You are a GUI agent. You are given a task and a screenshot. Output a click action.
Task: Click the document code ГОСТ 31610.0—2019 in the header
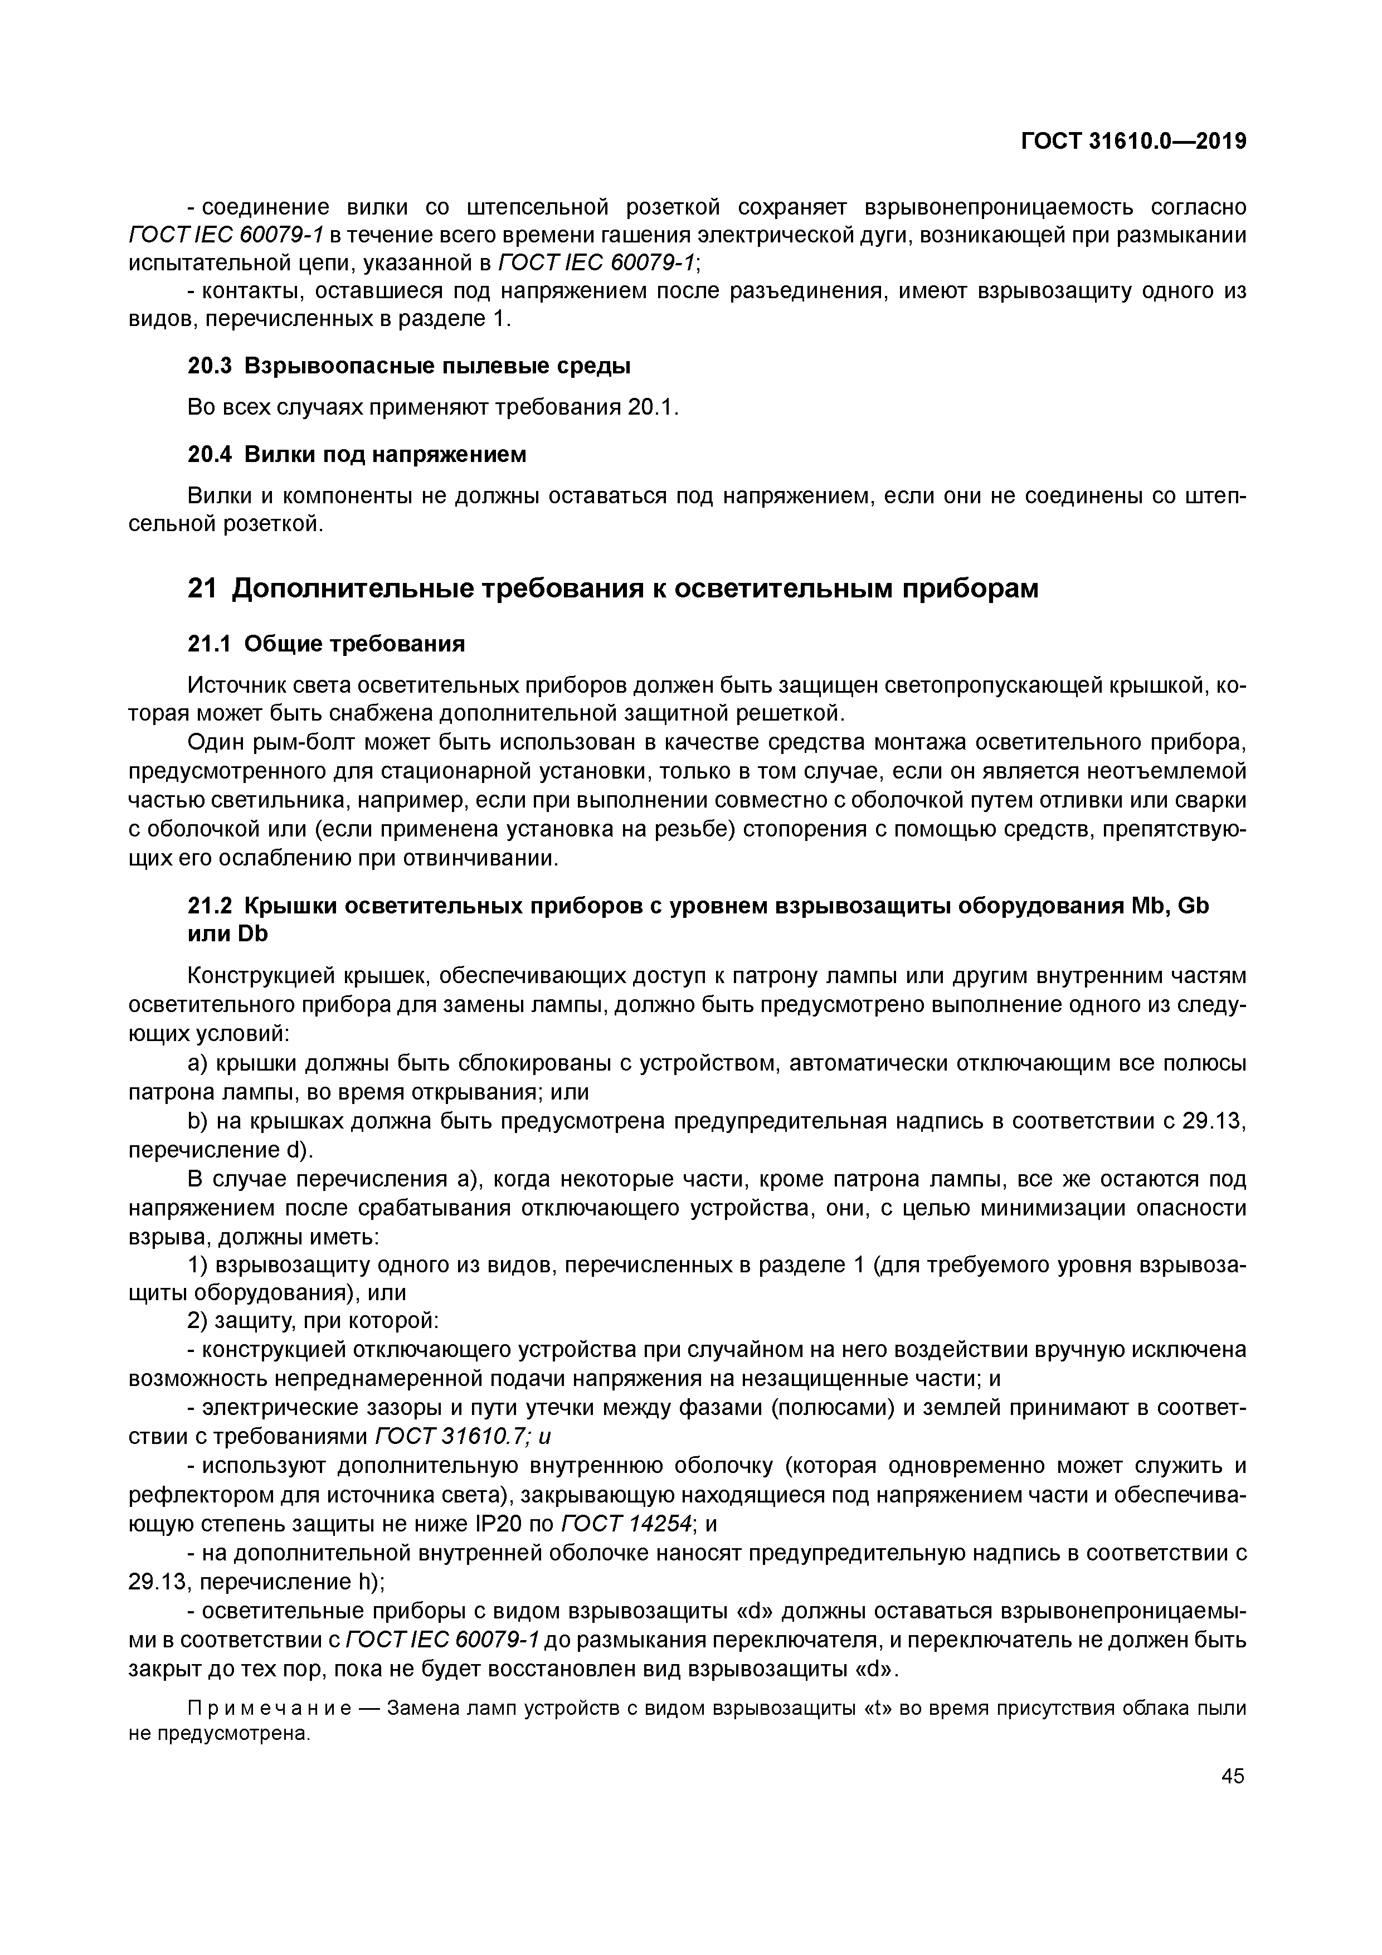[1133, 142]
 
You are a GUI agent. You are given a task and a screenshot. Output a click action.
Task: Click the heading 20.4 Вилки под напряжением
[357, 455]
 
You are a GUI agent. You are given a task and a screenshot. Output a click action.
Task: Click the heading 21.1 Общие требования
[326, 644]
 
